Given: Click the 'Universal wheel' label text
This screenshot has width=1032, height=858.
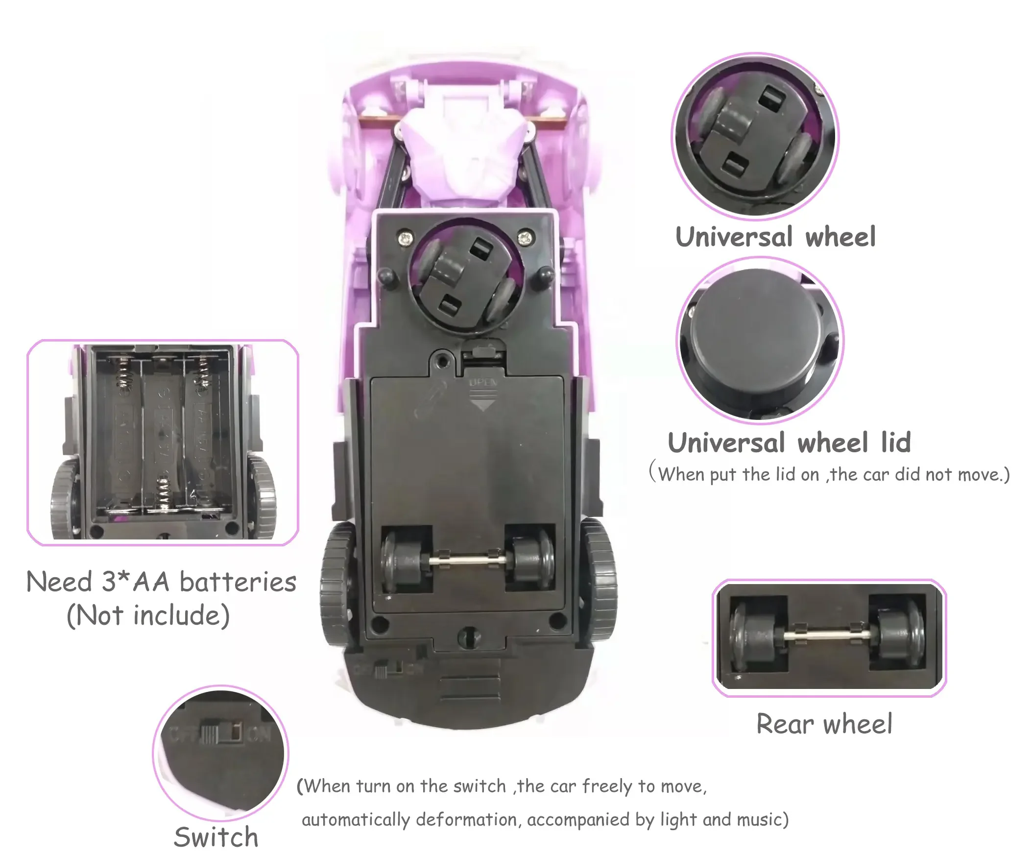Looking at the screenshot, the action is click(x=775, y=237).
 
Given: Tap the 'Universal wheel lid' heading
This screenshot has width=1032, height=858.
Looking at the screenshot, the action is click(x=789, y=442).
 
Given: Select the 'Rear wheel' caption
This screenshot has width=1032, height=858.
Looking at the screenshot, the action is click(x=824, y=723).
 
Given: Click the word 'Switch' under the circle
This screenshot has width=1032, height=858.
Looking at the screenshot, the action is click(x=216, y=837).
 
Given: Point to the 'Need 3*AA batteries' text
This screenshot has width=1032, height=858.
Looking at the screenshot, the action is click(x=161, y=582).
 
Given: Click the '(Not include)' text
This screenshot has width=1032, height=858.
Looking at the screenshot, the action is click(x=148, y=615).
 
